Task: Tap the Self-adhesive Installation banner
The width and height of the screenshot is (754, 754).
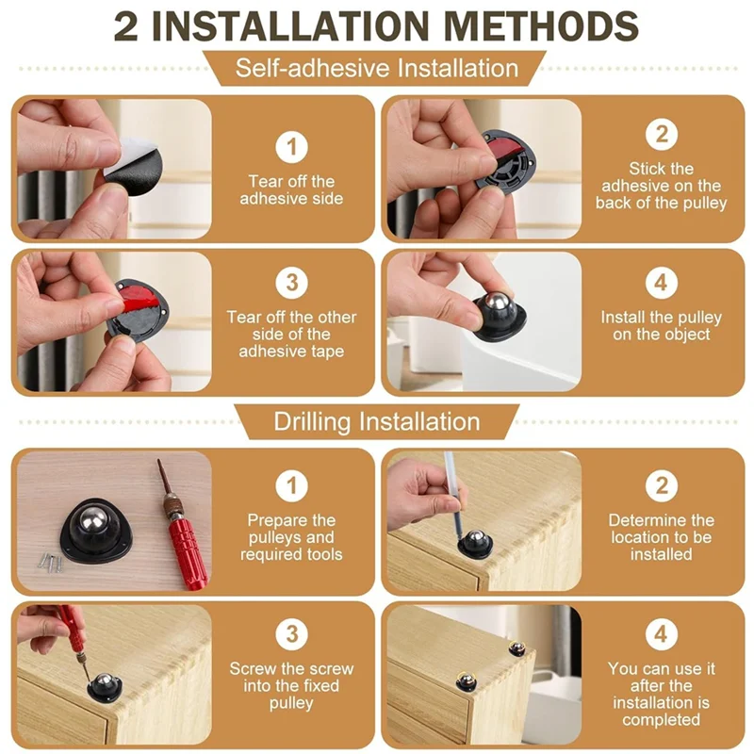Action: (376, 69)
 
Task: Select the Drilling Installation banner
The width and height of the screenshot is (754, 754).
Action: (376, 421)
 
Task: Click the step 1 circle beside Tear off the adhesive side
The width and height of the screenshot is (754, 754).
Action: (291, 146)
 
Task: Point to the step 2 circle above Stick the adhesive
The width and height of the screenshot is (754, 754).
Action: (661, 134)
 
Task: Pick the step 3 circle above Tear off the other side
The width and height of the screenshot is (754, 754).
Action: (291, 283)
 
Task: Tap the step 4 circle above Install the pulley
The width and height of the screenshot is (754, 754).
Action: (661, 283)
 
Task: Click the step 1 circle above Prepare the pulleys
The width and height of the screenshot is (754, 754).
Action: (291, 485)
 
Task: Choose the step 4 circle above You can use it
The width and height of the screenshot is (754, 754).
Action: (661, 632)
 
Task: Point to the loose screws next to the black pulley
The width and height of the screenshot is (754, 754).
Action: (48, 562)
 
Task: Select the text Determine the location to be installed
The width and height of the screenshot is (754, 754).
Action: (661, 537)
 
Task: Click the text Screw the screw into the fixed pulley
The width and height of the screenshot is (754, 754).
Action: (291, 686)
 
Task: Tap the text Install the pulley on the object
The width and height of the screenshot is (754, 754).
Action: (661, 326)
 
